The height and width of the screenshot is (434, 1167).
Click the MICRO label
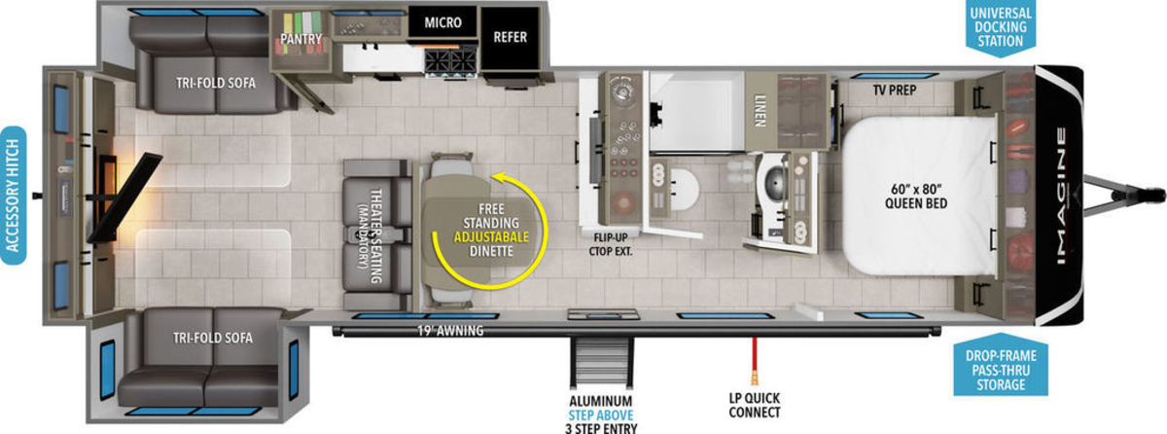tap(442, 22)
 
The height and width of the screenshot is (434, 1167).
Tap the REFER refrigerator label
tap(510, 37)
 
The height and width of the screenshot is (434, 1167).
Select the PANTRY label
tap(301, 39)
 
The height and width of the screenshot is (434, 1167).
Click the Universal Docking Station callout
tap(1001, 27)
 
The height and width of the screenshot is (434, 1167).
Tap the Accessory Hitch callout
tap(13, 196)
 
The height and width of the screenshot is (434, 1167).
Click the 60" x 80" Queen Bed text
tap(916, 196)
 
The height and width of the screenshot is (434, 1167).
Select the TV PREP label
tap(895, 90)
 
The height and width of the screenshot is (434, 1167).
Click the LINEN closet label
tap(760, 111)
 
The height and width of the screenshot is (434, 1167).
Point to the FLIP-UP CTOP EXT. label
tap(611, 244)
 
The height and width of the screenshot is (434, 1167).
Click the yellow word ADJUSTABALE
tap(491, 237)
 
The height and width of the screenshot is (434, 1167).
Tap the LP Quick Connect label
tap(755, 405)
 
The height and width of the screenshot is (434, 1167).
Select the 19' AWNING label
tap(450, 330)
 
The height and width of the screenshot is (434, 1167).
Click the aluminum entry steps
tap(602, 363)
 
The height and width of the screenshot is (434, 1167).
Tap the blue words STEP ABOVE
tap(601, 416)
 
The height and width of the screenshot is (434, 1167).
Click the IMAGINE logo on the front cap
tap(1061, 196)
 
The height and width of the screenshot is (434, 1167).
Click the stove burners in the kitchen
tap(450, 62)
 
